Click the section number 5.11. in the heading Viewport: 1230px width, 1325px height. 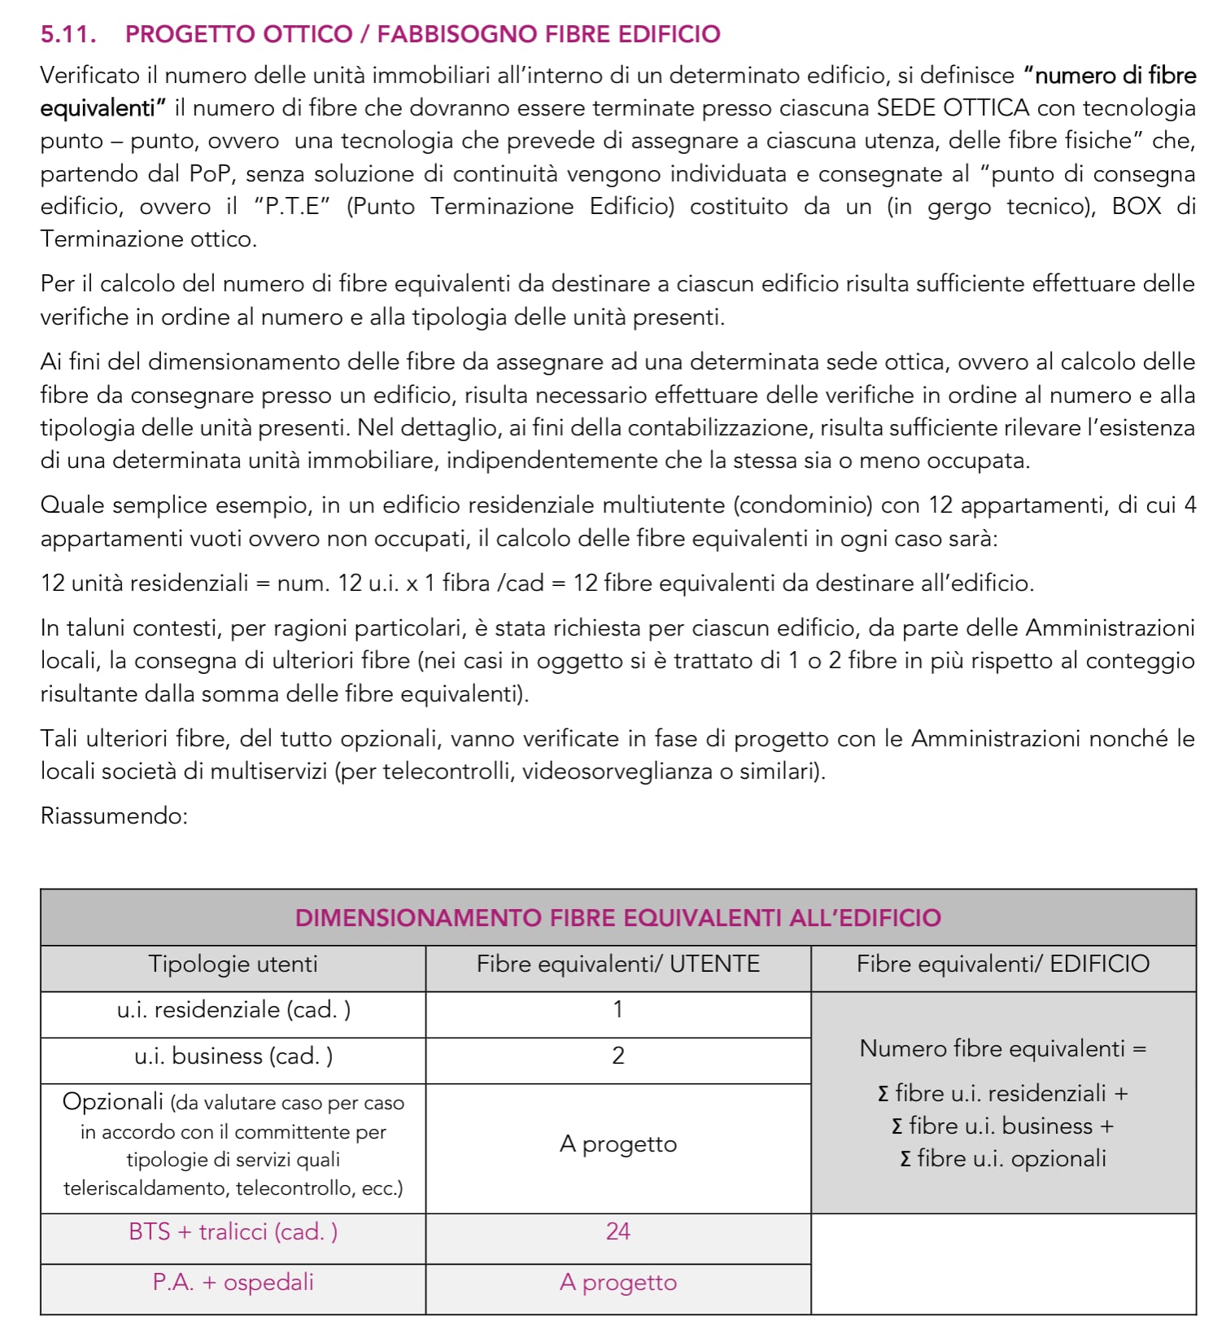[68, 34]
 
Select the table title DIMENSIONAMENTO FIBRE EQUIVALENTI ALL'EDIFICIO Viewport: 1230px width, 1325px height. [617, 918]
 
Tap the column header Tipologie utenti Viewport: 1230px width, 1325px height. [233, 964]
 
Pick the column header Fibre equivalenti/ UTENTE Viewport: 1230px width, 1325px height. [617, 964]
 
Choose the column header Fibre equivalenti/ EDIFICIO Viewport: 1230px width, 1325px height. [1002, 964]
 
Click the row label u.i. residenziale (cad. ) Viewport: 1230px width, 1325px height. [233, 1010]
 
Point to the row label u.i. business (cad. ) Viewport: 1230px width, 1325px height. [233, 1056]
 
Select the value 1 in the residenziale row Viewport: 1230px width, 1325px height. [617, 1010]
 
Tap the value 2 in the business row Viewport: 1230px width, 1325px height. [617, 1056]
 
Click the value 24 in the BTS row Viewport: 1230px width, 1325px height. [617, 1231]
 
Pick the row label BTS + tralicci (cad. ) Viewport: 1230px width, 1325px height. [233, 1232]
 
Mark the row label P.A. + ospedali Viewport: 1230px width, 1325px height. [233, 1283]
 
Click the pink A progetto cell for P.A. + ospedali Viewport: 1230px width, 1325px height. [617, 1283]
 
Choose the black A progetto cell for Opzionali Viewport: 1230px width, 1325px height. [617, 1144]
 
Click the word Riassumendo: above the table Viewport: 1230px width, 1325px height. [114, 816]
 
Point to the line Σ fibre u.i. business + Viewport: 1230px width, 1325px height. [1002, 1126]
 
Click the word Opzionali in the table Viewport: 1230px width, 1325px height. [113, 1102]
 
